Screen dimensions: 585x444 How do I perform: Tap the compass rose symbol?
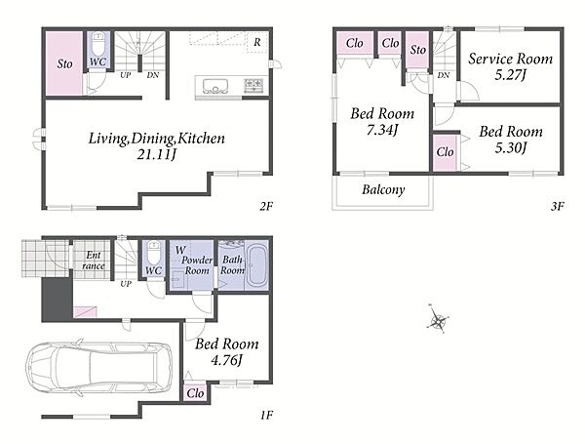tap(437, 319)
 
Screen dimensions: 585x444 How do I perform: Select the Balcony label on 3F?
tap(383, 189)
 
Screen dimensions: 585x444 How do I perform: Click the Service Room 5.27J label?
tap(510, 66)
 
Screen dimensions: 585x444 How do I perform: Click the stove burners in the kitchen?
tap(253, 86)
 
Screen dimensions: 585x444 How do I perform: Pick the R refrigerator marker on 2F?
tap(257, 42)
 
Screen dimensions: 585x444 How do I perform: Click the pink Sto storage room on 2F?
tap(64, 63)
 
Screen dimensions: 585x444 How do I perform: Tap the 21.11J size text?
tap(156, 154)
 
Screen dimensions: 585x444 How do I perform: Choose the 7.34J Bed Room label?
tap(382, 122)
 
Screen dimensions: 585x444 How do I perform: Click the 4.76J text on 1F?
tap(227, 360)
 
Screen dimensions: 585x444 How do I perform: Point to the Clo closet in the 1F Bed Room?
tap(195, 393)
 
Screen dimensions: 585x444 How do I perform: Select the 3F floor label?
tap(557, 206)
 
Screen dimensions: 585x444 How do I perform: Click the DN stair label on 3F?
tap(444, 75)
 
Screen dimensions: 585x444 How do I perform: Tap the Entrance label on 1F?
tap(93, 261)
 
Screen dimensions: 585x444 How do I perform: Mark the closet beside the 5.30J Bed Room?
tap(446, 152)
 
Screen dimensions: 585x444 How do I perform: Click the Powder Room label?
tap(197, 265)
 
